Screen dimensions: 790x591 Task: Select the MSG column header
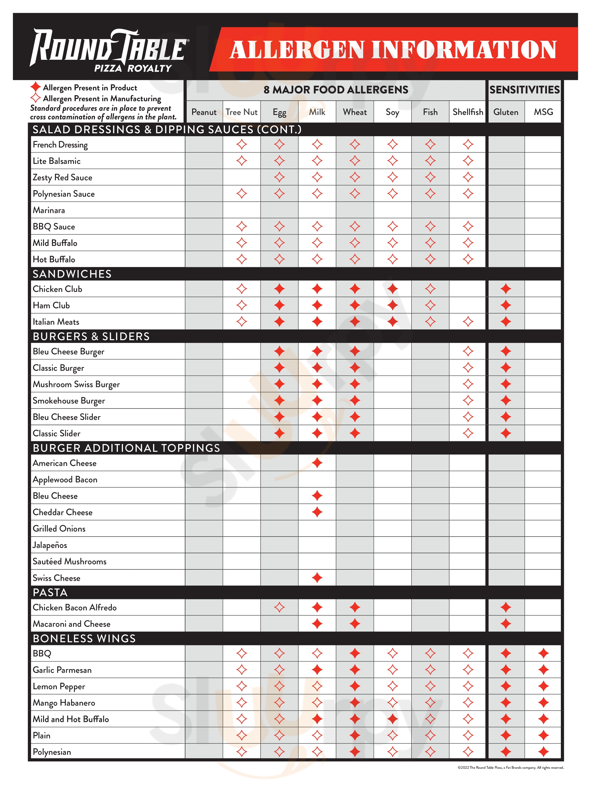coord(543,112)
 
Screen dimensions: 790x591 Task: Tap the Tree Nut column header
coord(242,112)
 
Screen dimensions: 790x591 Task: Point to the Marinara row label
coord(49,210)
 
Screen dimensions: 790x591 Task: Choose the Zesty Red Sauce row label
coord(62,177)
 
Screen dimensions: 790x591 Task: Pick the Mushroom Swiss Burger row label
coord(76,384)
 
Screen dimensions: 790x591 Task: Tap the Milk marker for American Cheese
coord(317,463)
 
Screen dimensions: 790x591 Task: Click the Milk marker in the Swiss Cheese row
coord(317,578)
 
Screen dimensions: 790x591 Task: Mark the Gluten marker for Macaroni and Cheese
coord(506,624)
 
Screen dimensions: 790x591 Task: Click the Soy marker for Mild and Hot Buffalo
coord(392,719)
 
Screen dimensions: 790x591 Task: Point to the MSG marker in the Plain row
coord(543,735)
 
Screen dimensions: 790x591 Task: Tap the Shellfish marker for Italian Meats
coord(468,322)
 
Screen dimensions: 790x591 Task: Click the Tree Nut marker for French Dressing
coord(242,145)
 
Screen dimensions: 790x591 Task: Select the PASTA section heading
coord(50,592)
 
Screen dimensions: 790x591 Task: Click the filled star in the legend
coord(35,87)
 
